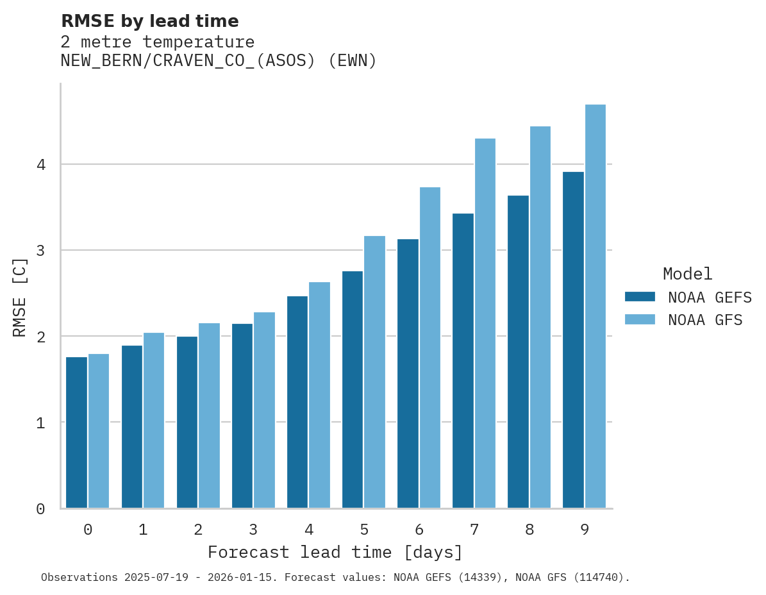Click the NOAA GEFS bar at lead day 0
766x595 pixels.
coord(76,433)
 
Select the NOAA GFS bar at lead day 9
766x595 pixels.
coord(595,306)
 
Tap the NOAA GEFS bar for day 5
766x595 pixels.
coord(353,390)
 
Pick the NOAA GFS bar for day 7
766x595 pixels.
coord(485,323)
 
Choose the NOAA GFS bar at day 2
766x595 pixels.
coord(209,415)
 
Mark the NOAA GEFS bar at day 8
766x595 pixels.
coord(518,352)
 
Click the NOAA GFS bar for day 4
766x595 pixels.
coord(319,395)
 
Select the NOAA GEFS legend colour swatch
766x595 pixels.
coord(640,297)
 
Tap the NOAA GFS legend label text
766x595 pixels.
coord(705,320)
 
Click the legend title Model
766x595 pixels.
coord(687,274)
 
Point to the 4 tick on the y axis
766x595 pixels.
coord(40,165)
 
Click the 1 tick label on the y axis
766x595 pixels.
coord(40,423)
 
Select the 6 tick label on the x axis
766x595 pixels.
coord(419,530)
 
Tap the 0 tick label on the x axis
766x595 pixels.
coord(88,530)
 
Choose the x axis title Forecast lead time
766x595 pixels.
coord(335,553)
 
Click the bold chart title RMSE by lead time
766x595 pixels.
coord(149,21)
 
